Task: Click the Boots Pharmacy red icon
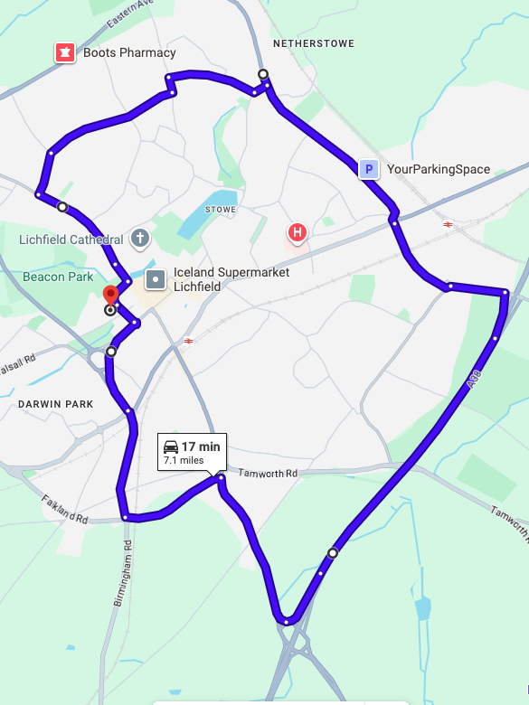coord(64,52)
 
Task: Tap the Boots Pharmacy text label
coord(129,52)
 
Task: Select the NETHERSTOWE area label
coord(313,43)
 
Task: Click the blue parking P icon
coord(368,169)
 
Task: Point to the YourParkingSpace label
coord(439,169)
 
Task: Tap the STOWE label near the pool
coord(221,210)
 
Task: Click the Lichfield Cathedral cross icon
coord(139,239)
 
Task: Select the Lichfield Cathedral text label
coord(71,240)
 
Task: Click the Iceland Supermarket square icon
coord(156,279)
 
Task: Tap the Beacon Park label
coord(58,277)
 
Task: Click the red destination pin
coord(111,296)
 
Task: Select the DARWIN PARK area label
coord(55,404)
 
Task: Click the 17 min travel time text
coord(201,446)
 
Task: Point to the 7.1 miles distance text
coord(184,461)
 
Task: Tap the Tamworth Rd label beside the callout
coord(268,474)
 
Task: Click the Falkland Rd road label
coord(64,508)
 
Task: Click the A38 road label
coord(472,383)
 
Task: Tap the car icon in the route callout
coord(170,446)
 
